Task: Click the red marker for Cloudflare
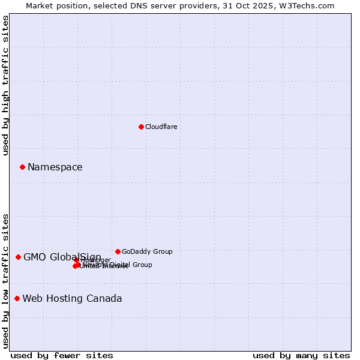(x=141, y=127)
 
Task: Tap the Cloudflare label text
(x=161, y=127)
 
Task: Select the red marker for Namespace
(x=22, y=167)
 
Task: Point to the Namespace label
(x=55, y=167)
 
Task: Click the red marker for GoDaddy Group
(x=118, y=251)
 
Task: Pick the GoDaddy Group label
(x=147, y=251)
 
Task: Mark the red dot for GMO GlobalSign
(x=18, y=257)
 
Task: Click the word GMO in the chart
(x=35, y=257)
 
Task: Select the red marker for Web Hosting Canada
(x=17, y=298)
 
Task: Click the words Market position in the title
(x=56, y=5)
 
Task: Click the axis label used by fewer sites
(x=62, y=355)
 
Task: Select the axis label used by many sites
(x=301, y=355)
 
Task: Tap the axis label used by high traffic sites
(x=5, y=85)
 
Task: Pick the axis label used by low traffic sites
(x=5, y=280)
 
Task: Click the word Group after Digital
(x=142, y=265)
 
